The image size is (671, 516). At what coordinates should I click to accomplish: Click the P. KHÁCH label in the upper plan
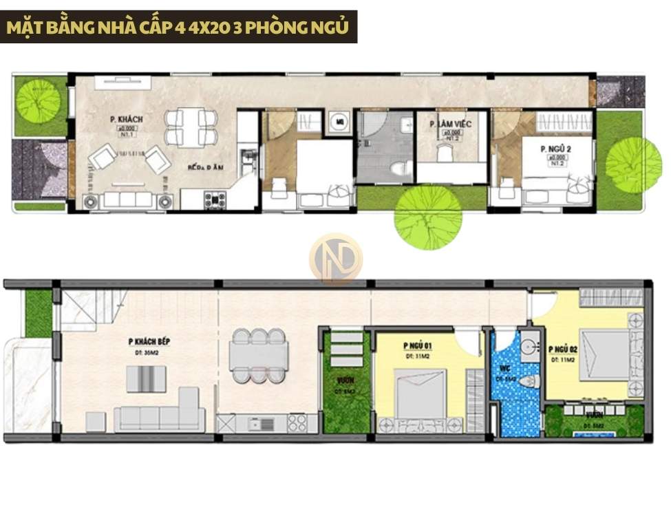(126, 120)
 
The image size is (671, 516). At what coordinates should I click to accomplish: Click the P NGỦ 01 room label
(418, 346)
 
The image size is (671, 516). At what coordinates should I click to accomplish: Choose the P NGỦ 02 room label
(563, 350)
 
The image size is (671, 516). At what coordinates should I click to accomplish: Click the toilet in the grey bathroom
(398, 169)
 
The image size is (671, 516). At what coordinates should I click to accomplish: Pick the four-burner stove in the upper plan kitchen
(215, 200)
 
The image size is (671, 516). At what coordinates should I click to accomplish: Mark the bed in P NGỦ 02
(606, 355)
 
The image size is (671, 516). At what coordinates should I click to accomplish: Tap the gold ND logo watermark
(335, 258)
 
